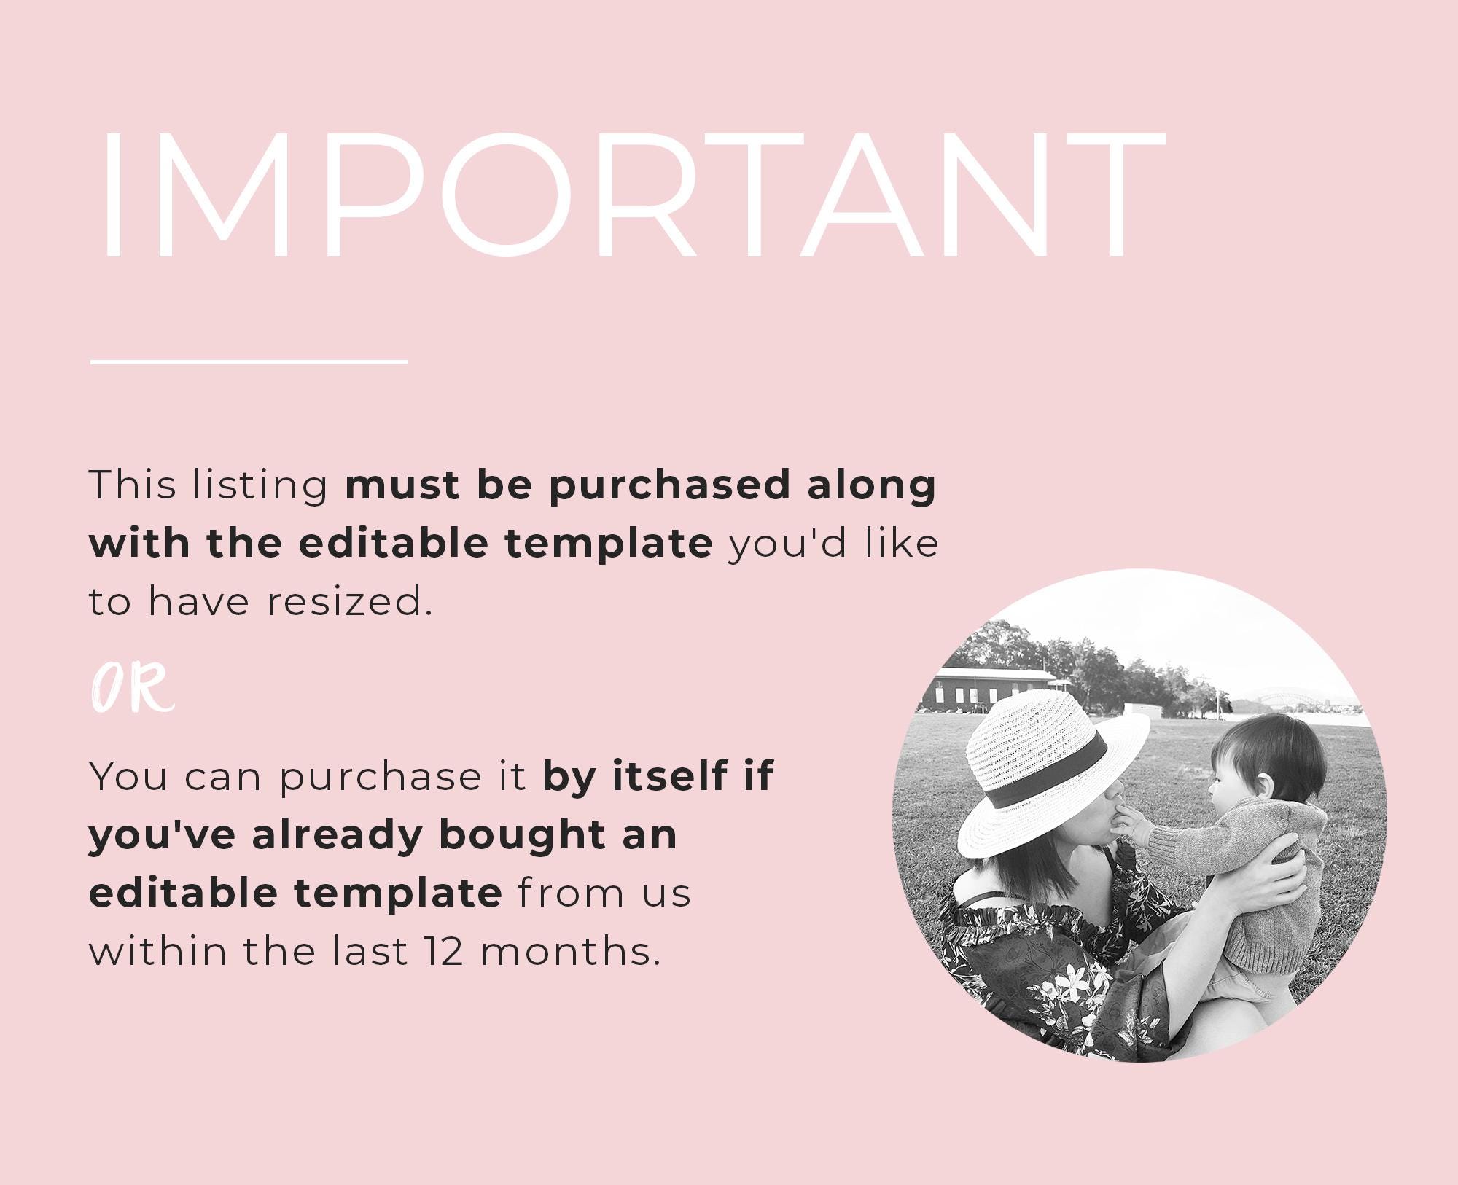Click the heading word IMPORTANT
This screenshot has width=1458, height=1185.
point(633,195)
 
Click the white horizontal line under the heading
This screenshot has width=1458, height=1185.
point(249,361)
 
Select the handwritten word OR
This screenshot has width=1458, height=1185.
point(133,688)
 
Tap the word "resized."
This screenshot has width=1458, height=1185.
point(349,602)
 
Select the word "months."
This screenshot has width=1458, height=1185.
point(571,952)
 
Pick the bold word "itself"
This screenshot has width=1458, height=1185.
point(669,775)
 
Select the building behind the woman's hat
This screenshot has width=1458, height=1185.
point(991,689)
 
